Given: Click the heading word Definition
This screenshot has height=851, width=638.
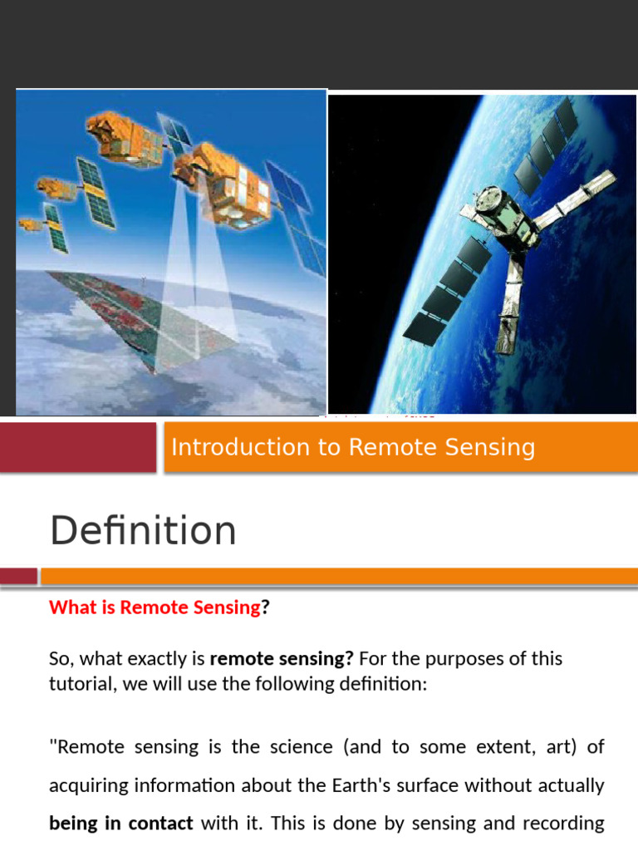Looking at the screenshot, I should point(143,531).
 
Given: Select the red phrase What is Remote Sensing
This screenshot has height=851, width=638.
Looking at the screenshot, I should point(155,608).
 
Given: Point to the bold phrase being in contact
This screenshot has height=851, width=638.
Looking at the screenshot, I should point(121,824).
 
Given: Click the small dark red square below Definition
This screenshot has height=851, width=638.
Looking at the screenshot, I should point(18,576).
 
